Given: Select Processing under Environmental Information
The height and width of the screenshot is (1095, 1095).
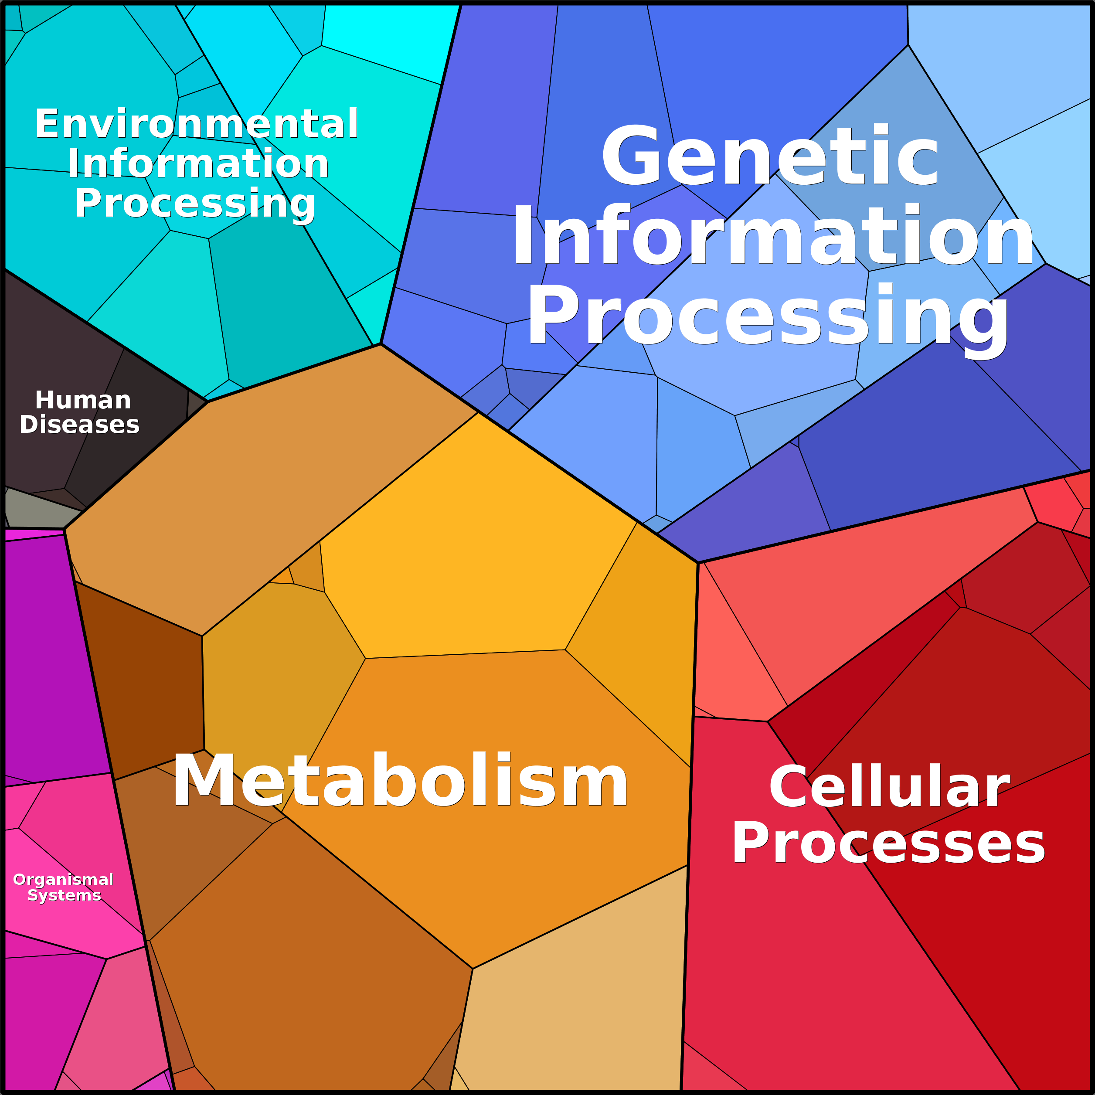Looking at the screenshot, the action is point(195,204).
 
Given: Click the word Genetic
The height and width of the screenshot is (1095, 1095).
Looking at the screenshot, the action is point(770,155).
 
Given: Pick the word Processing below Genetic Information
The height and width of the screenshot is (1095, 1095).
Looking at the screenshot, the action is point(768,316).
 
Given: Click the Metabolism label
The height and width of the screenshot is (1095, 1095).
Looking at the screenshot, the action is point(400,780).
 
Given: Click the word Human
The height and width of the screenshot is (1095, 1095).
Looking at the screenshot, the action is point(83,400).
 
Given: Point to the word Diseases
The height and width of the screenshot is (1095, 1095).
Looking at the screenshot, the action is point(79,425).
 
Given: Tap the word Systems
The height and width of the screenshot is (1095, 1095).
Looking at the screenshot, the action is point(64,895).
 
